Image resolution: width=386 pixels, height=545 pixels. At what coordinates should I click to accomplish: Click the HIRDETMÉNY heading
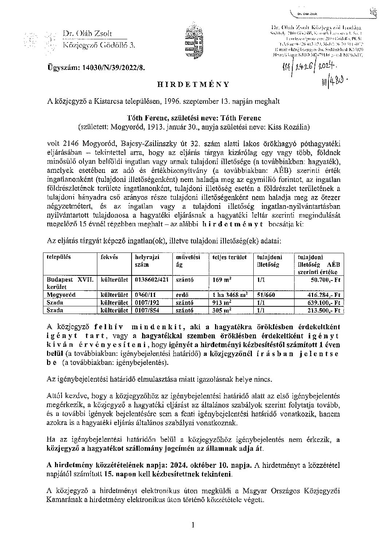tap(193, 84)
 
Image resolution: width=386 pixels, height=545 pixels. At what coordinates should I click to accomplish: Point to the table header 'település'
tap(59, 257)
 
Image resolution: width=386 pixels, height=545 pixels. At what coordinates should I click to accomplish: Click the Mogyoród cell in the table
tap(61, 295)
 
